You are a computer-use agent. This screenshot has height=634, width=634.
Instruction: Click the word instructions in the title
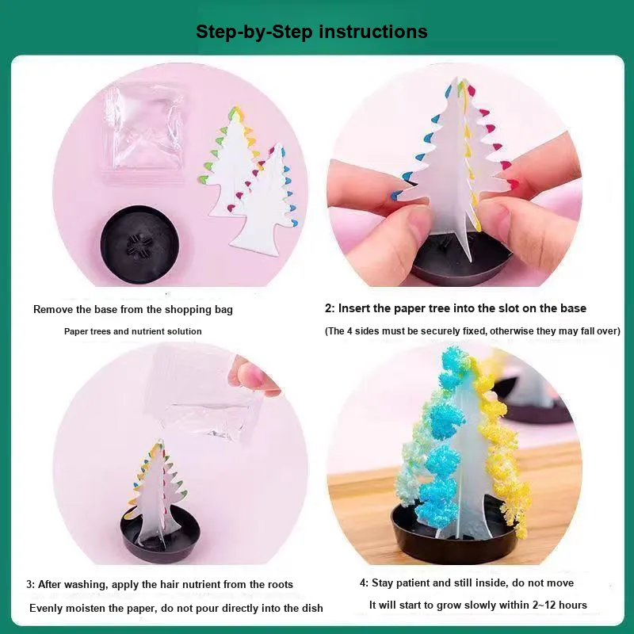tap(373, 32)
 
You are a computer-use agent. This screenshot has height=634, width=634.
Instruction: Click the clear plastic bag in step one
tap(143, 128)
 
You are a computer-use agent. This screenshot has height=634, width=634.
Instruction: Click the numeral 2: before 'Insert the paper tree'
tap(330, 308)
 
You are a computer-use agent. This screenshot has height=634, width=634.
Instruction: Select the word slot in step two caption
tap(510, 308)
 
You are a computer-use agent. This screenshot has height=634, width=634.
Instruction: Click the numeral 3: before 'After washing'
tap(31, 584)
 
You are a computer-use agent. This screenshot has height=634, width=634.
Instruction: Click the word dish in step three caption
tap(312, 608)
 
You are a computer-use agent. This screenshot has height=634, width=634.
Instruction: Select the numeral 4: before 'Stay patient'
tap(364, 583)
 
